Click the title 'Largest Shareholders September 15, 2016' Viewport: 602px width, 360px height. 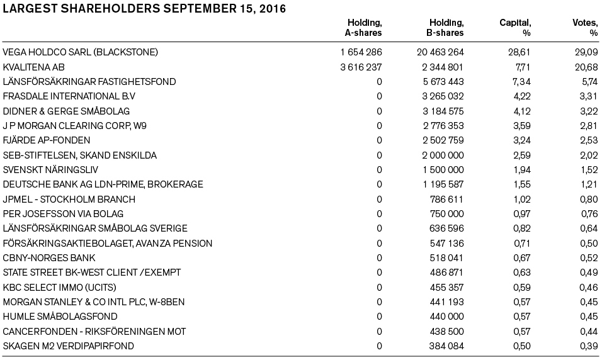144,9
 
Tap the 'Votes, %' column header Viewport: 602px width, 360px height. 584,28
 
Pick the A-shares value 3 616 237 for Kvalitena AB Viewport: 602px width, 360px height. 361,67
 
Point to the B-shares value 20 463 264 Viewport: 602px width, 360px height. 440,52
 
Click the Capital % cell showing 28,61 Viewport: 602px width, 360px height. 520,52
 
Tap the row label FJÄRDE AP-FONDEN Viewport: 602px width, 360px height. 47,140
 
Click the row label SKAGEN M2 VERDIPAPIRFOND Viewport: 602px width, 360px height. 69,346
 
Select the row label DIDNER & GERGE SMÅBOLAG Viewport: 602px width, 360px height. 66,111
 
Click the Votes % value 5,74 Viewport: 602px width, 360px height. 588,82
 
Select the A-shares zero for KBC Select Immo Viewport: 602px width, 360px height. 379,287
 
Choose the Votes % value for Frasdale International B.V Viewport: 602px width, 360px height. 588,96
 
